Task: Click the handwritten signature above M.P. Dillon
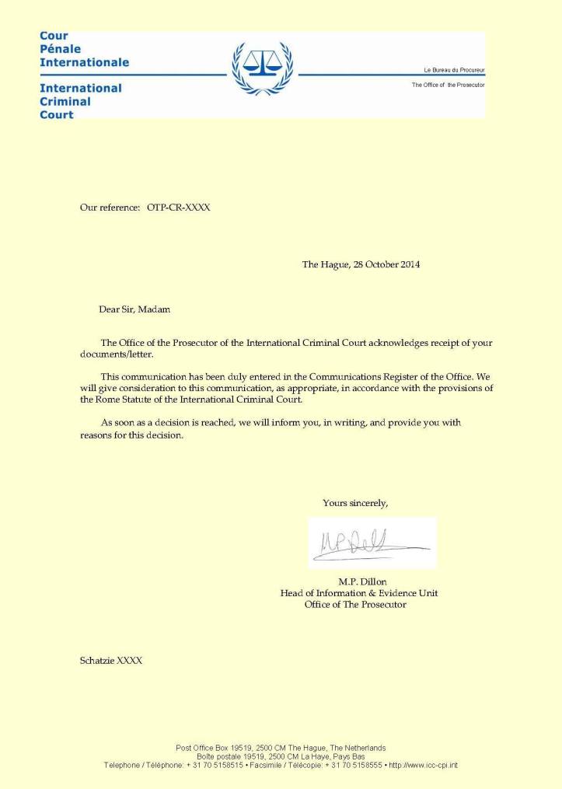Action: pyautogui.click(x=365, y=542)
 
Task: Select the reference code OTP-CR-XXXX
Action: pyautogui.click(x=178, y=208)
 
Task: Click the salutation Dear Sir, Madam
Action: pyautogui.click(x=134, y=309)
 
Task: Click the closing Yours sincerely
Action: pyautogui.click(x=355, y=503)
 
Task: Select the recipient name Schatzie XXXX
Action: pyautogui.click(x=111, y=661)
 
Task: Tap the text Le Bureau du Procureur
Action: pyautogui.click(x=454, y=70)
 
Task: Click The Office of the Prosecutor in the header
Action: pyautogui.click(x=448, y=85)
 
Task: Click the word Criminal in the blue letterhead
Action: pyautogui.click(x=65, y=101)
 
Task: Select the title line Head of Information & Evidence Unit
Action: pyautogui.click(x=358, y=593)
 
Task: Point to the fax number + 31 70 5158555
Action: pyautogui.click(x=354, y=765)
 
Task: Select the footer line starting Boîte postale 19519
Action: pyautogui.click(x=281, y=756)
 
